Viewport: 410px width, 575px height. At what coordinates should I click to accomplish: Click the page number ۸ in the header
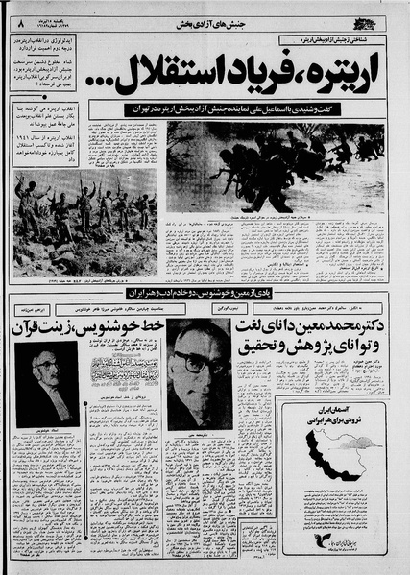click(18, 15)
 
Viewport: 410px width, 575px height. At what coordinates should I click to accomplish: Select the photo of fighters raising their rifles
click(85, 223)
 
